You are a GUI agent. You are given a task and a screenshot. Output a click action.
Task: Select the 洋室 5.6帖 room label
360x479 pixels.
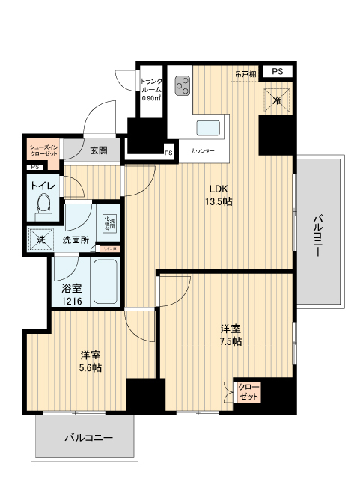[91, 361]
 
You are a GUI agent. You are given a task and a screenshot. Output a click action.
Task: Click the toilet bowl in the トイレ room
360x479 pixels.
[43, 202]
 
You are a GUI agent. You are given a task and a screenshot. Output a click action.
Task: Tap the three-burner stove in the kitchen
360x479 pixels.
[182, 88]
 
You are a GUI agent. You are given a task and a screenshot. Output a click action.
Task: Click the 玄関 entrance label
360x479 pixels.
[99, 150]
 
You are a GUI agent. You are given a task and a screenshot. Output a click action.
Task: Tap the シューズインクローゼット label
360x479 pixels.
[43, 150]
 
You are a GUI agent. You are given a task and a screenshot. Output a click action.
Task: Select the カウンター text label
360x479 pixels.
[202, 151]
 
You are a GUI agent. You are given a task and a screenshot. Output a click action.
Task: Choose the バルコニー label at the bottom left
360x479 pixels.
[88, 436]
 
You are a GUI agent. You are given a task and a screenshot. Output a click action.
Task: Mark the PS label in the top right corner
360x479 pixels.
[278, 71]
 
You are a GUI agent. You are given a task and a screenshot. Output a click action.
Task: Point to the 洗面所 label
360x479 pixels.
[76, 240]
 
